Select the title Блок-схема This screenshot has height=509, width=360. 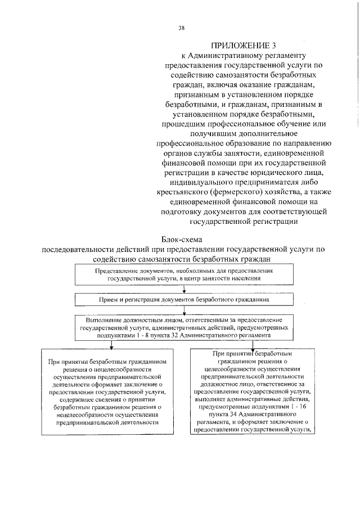point(184,240)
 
